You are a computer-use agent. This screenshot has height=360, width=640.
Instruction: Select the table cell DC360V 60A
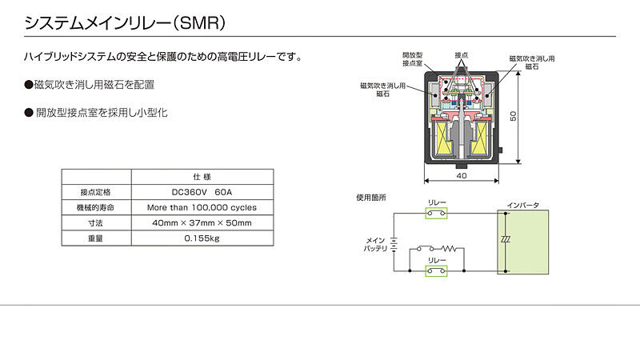(201, 192)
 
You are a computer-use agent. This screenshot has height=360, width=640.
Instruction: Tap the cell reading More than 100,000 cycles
(201, 207)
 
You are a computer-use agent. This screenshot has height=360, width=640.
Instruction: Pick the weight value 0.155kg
(201, 238)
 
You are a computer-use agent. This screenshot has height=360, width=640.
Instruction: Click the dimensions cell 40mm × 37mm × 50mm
(201, 222)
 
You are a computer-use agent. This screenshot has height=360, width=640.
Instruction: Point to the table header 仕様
(201, 177)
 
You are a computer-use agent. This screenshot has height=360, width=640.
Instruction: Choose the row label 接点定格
(95, 192)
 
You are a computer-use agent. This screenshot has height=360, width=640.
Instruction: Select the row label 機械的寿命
(95, 207)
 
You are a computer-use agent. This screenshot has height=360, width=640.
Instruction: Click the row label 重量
(95, 238)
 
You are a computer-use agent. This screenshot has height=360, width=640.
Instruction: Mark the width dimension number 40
(461, 175)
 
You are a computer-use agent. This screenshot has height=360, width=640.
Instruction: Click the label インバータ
(524, 206)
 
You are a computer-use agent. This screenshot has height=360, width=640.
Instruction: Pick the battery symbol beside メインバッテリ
(395, 243)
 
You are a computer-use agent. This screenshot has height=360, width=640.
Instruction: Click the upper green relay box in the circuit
(436, 214)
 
